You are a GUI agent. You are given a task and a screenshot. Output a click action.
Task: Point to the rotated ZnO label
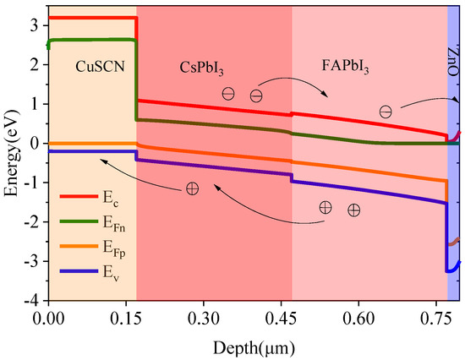[x=453, y=60]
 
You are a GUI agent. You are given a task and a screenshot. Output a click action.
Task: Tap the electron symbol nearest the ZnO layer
[x=386, y=112]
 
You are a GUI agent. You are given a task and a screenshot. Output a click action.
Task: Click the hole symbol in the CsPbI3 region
[x=193, y=188]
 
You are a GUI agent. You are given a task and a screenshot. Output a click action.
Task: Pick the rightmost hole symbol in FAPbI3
[x=353, y=209]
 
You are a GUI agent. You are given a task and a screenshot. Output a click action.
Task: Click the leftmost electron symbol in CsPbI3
[x=228, y=94]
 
